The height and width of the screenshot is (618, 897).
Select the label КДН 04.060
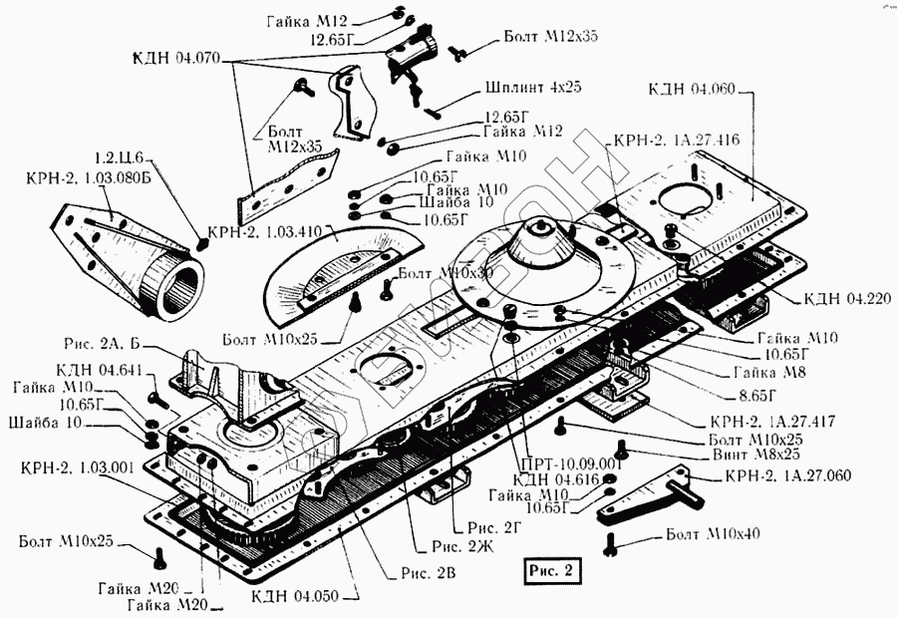coord(691,89)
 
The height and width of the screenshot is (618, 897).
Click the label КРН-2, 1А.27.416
coord(676,140)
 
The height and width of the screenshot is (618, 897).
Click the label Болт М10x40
coord(714,533)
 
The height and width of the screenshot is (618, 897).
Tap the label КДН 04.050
coord(296,596)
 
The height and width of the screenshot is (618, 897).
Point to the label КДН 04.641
coord(89,369)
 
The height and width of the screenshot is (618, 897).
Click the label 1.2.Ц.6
coord(120,158)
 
